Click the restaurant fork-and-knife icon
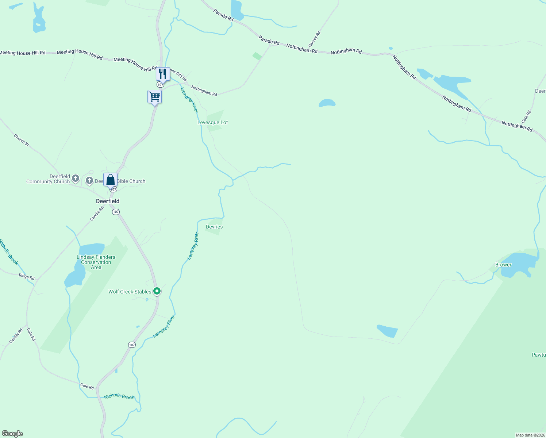pos(163,74)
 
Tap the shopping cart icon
pos(154,97)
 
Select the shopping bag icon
pos(110,180)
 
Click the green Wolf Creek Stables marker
pos(157,291)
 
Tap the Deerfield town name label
pos(108,201)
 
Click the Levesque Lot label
pos(212,123)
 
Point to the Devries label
pos(214,227)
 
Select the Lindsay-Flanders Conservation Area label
pos(96,262)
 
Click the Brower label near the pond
pos(503,265)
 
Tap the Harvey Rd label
pos(314,39)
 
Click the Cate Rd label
pos(526,117)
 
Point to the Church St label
pos(21,140)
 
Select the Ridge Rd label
pos(27,277)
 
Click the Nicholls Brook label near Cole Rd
pos(119,396)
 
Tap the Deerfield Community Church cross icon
pos(75,178)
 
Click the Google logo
pos(12,434)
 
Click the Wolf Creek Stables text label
pos(130,292)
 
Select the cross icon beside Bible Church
pos(89,180)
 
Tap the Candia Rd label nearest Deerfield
pos(97,214)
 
